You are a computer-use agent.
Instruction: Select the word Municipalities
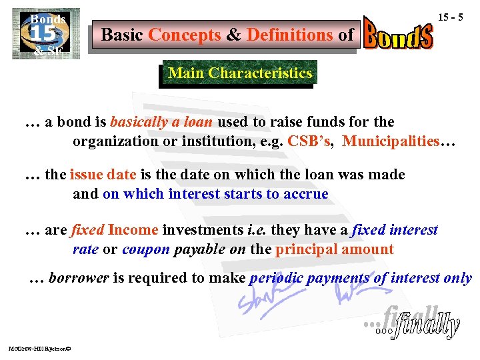[x=390, y=142]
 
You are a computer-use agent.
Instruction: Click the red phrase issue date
[x=103, y=175]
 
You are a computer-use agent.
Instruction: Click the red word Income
[x=133, y=230]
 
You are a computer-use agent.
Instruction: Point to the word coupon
[x=146, y=249]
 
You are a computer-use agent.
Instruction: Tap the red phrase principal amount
[x=335, y=249]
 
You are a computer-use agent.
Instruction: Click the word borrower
[x=79, y=279]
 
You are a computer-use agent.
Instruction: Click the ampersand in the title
[x=233, y=35]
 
